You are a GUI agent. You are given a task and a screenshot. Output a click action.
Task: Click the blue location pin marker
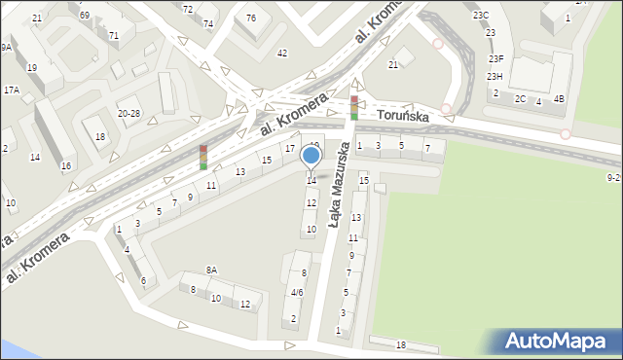click(311, 156)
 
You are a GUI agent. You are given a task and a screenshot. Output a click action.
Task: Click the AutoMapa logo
click(560, 342)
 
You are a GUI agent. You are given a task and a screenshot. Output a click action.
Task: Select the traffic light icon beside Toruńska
click(354, 107)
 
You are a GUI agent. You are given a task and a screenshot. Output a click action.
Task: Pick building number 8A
click(211, 270)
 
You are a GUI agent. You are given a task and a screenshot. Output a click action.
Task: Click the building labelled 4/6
click(297, 292)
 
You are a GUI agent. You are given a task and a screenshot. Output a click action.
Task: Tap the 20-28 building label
click(128, 114)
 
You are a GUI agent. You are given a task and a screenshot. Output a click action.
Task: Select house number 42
click(282, 53)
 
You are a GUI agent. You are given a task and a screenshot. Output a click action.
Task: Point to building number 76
click(251, 18)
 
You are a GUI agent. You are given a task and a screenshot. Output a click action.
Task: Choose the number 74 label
click(208, 23)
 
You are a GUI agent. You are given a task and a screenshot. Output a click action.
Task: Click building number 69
click(85, 16)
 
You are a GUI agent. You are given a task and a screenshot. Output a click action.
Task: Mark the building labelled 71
click(114, 35)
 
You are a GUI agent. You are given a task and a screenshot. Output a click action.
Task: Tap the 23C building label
click(481, 16)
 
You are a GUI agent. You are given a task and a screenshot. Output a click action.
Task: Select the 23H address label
click(495, 77)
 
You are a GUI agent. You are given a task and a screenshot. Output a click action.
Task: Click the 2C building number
click(521, 99)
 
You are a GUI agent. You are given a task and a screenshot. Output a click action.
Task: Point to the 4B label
click(559, 99)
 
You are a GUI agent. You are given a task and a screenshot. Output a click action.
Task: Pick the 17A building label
click(11, 90)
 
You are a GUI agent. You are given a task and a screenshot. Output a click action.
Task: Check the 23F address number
click(495, 59)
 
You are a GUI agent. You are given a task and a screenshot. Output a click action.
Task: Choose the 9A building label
click(6, 47)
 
